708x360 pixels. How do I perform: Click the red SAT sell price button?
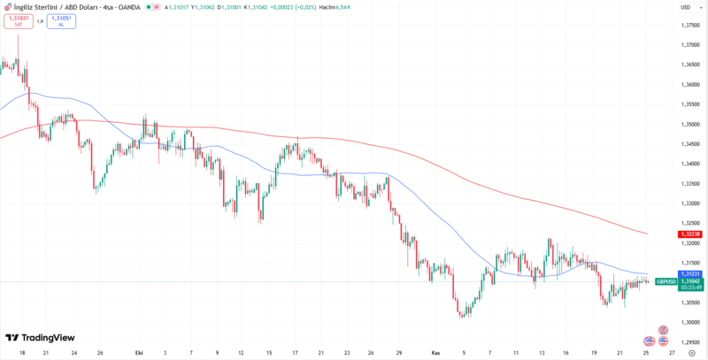(17, 20)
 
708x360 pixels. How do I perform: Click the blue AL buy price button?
(61, 20)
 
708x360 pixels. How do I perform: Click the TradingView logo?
(40, 337)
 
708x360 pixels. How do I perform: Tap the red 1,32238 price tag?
(690, 234)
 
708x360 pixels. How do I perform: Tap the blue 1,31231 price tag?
(690, 274)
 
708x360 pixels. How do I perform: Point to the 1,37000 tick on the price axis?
(690, 44)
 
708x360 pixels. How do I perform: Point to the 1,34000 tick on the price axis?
(690, 164)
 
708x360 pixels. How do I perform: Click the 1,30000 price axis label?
(690, 322)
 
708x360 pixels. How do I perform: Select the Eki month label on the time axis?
(138, 351)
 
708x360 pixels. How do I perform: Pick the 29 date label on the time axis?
(400, 351)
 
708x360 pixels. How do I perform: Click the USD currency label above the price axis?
(685, 7)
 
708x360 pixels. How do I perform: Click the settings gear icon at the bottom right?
(691, 351)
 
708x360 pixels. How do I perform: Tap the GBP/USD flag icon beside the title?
(7, 7)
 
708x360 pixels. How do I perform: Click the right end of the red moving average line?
(649, 234)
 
